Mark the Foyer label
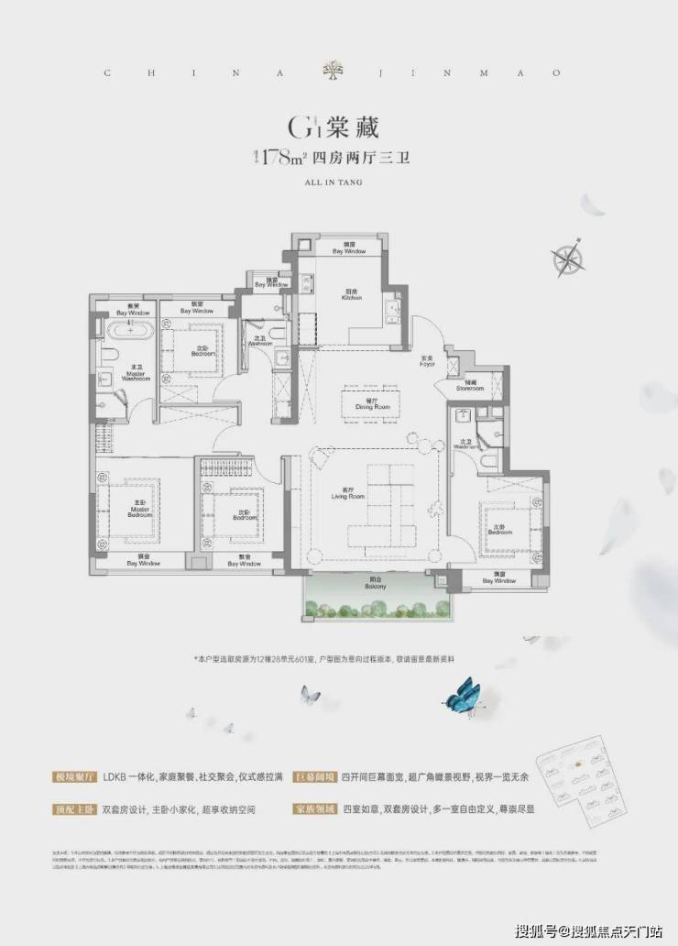click(427, 361)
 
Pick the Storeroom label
click(471, 387)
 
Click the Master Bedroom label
click(139, 511)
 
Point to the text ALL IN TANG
click(338, 182)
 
